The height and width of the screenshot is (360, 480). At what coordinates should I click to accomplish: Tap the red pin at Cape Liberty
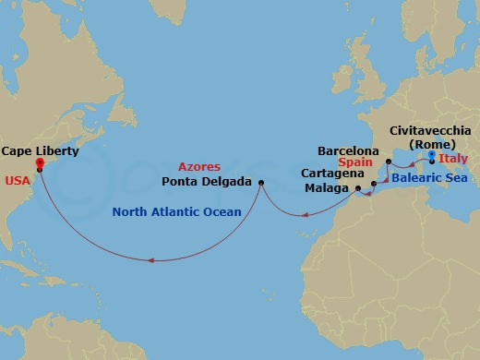39,164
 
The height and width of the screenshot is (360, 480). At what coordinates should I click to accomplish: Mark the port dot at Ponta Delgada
261,182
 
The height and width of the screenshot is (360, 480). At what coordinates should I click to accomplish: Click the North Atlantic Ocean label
176,211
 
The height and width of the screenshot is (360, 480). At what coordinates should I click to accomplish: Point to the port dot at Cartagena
373,185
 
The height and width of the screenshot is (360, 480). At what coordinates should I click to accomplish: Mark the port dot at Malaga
357,188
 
